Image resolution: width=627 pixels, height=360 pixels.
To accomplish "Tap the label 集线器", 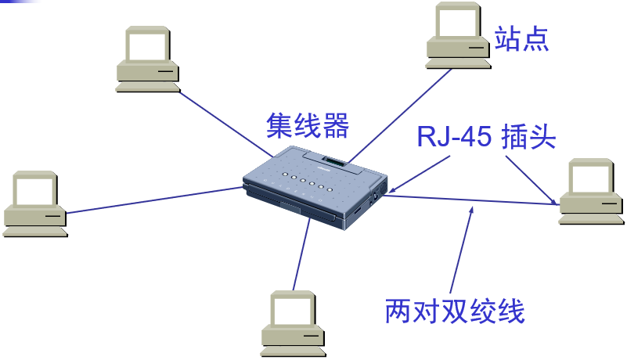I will [307, 124].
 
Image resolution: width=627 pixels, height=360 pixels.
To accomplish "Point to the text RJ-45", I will [453, 138].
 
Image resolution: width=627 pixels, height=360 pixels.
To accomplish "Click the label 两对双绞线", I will [454, 311].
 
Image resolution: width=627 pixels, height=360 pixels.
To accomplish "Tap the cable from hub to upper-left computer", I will [227, 122].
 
